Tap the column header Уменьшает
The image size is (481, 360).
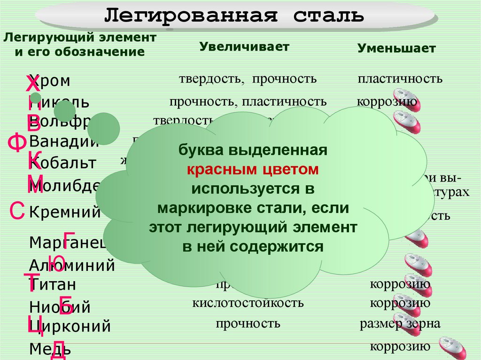396,48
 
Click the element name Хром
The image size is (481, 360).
50,81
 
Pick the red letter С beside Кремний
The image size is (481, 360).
17,211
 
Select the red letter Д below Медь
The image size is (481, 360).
57,352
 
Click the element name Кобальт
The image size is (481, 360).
63,163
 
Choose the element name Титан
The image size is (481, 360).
53,285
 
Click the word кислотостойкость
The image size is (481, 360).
248,303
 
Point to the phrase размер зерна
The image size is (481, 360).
400,324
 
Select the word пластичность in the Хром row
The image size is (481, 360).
400,78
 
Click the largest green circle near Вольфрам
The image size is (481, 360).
103,128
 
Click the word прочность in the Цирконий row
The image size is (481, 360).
248,323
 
